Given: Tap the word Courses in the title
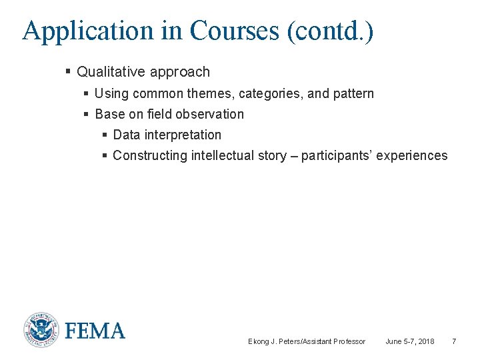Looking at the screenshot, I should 233,31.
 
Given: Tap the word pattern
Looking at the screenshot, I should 353,93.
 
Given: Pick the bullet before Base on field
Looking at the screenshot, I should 87,114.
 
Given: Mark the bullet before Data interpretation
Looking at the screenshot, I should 105,135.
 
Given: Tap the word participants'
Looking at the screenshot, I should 337,155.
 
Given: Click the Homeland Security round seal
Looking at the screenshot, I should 41,329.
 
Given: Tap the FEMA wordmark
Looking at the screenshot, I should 95,330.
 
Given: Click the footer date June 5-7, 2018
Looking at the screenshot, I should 409,341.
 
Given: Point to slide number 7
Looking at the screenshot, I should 454,341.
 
